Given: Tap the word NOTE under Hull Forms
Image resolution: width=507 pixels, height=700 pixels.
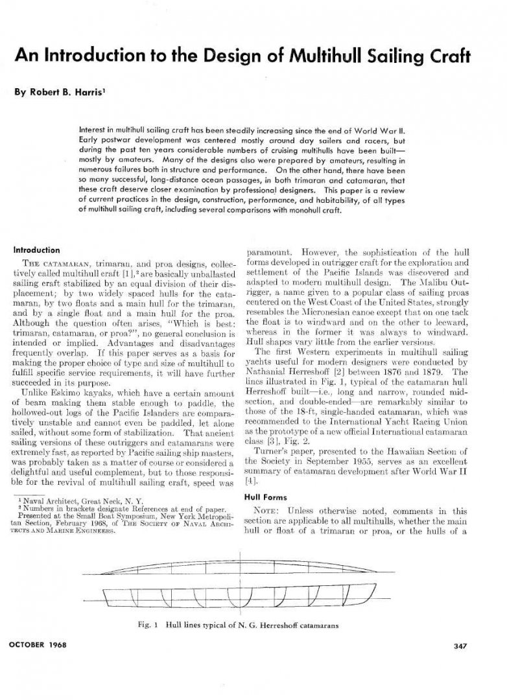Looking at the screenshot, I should (266, 511).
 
